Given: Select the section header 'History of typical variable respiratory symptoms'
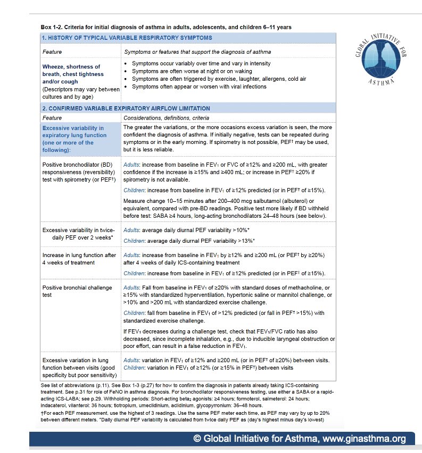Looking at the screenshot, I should tap(127, 38).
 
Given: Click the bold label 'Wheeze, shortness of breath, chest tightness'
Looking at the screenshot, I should tap(71, 74).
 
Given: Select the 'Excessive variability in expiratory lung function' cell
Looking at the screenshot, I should tap(74, 139).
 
